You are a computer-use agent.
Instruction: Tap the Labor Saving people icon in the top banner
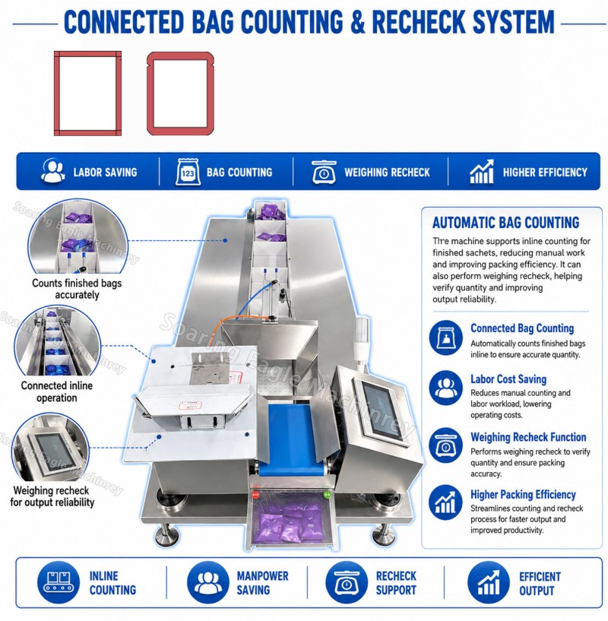tap(52, 171)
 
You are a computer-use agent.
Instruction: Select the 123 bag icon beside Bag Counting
tap(188, 172)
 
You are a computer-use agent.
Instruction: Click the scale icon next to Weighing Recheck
tap(324, 172)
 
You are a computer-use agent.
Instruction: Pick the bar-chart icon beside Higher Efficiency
tap(482, 172)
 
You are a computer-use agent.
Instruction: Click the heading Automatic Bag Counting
tap(505, 223)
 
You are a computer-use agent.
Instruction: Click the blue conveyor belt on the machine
tap(291, 439)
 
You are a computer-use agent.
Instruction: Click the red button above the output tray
tap(255, 494)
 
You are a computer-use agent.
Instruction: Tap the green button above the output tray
tap(327, 494)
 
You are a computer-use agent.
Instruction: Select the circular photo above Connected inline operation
tap(58, 341)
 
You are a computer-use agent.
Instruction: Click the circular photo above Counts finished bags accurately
tap(78, 236)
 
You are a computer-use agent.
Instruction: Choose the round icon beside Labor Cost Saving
tap(445, 388)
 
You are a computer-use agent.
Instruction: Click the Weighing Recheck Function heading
tap(528, 437)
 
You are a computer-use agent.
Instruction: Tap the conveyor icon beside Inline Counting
tap(59, 582)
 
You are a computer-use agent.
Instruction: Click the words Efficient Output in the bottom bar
tap(540, 584)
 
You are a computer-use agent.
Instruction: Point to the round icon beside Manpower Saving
tap(207, 582)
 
